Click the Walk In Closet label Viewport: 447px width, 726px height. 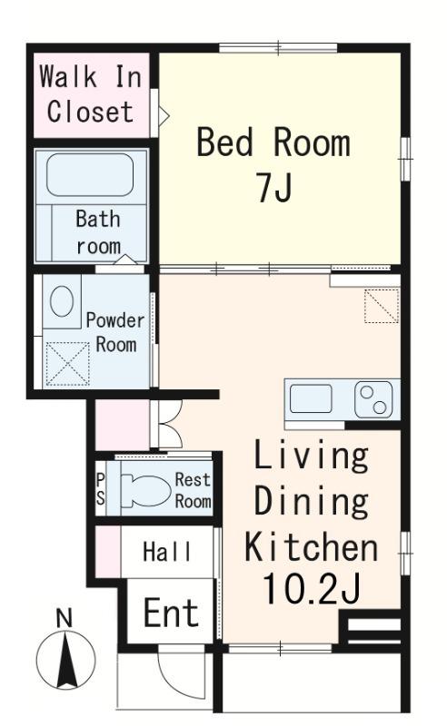coord(91,94)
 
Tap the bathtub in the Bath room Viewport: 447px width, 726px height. coord(90,174)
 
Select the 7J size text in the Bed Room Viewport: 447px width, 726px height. coord(274,188)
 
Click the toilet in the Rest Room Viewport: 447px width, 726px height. coord(145,491)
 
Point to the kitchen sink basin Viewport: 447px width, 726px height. coord(311,398)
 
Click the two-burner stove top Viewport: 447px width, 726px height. coord(373,399)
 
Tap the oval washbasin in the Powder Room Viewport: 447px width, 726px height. coord(62,301)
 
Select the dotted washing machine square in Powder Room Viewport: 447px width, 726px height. coord(68,364)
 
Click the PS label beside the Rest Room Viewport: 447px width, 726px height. coord(101,490)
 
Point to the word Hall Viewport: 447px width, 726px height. coord(167,552)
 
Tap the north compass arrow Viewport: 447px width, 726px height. coord(66,661)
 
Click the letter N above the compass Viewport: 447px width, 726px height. coord(64,618)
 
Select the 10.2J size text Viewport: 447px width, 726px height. coord(311,589)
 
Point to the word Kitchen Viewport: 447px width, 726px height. coord(311,547)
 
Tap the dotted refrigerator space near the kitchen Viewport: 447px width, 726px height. coord(382,306)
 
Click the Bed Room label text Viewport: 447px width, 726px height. coord(273,142)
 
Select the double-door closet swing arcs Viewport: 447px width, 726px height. coord(170,425)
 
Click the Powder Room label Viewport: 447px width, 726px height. coord(115,332)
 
